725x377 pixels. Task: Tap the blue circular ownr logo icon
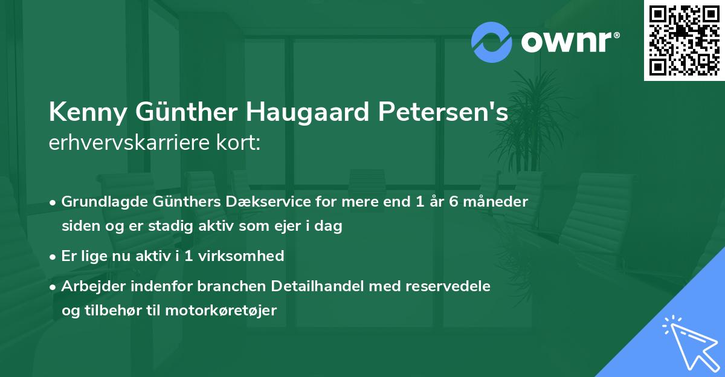click(x=492, y=42)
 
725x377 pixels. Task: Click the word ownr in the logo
click(x=568, y=42)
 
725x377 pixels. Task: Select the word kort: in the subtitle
click(x=240, y=143)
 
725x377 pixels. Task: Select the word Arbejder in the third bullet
click(x=89, y=286)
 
